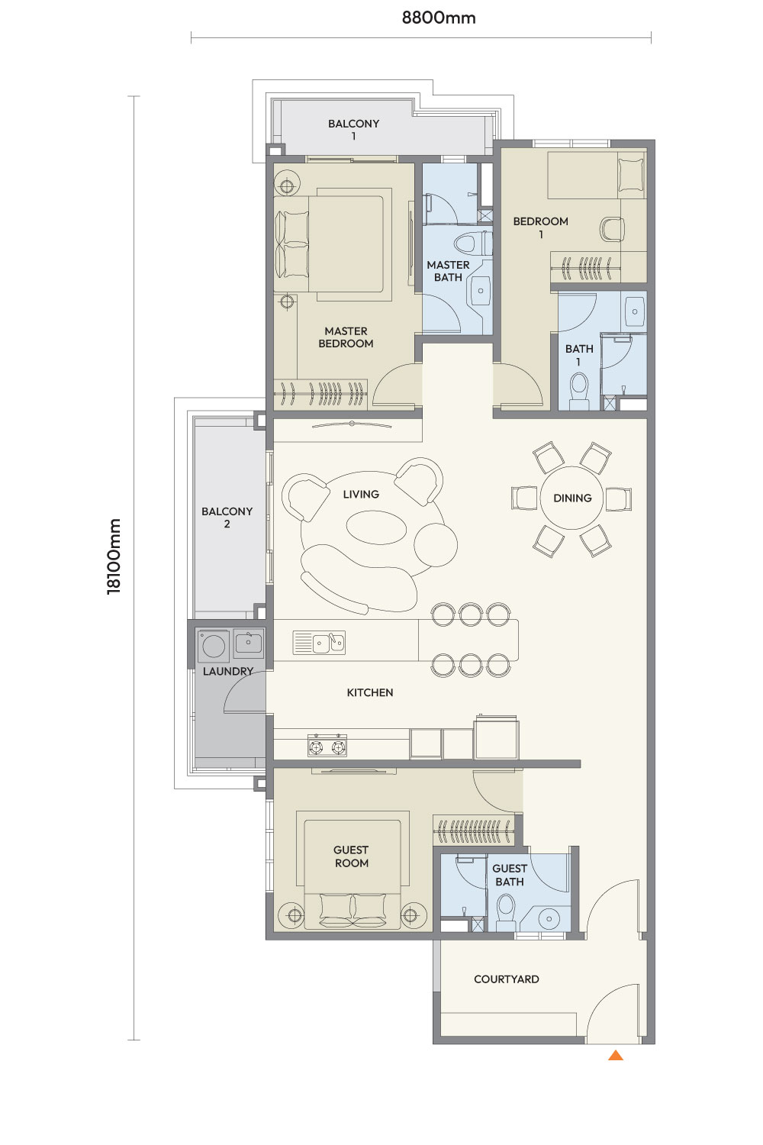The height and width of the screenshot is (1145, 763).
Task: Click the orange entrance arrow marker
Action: coord(615,1055)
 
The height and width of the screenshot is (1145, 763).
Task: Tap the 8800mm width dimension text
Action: coord(439,18)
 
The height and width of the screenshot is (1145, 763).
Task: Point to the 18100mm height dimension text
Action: coord(114,556)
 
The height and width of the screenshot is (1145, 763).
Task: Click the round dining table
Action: coord(571,498)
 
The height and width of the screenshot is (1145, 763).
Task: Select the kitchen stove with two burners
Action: coord(327,745)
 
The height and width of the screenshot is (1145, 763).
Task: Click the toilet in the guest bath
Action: coord(506,912)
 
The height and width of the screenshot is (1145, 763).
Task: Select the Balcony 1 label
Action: coord(353,129)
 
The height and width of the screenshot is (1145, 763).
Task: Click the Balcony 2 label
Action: coord(227,518)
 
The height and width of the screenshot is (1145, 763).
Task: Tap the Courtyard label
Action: coord(507,979)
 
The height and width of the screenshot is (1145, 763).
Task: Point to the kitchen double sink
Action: coord(319,643)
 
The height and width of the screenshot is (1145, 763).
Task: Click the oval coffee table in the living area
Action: coord(377,527)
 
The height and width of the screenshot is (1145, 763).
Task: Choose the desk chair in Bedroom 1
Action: coord(612,230)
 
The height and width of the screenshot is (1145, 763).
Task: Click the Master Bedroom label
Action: coord(346,337)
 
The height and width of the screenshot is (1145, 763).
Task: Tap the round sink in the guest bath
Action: coord(549,918)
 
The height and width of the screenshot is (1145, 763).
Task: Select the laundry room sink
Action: coord(249,643)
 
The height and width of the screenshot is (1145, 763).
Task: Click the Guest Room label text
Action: coord(351,856)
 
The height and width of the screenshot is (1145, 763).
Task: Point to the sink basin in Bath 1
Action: coord(634,311)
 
